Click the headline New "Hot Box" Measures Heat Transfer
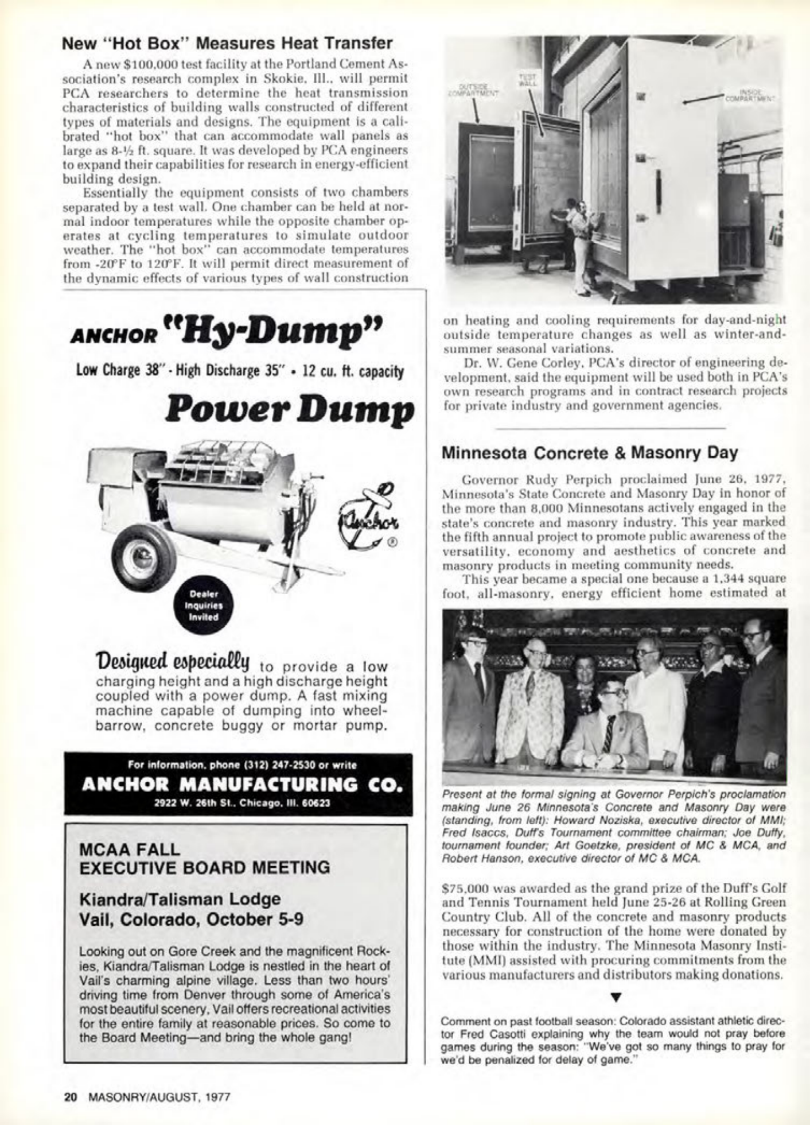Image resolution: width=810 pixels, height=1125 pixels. point(227,44)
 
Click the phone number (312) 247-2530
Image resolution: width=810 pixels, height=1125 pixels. point(271,765)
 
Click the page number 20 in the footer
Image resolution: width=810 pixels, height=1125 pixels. point(70,1096)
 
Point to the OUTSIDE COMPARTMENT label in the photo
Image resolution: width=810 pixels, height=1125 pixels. point(471,91)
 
